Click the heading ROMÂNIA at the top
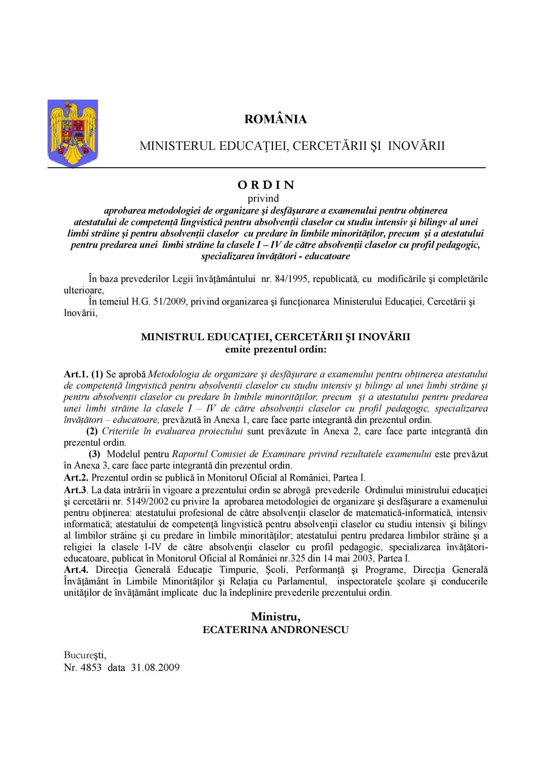click(275, 119)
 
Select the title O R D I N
click(266, 185)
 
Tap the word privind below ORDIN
click(263, 198)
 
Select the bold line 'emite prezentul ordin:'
click(275, 349)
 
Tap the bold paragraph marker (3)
click(94, 454)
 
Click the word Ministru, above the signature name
click(275, 616)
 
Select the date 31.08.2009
click(155, 667)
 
